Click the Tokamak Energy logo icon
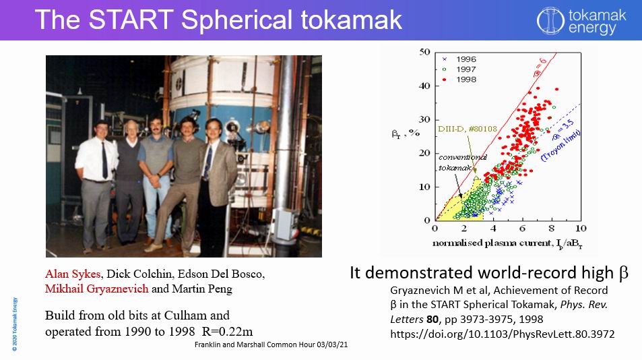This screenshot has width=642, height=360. [548, 21]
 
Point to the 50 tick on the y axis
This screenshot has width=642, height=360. [424, 52]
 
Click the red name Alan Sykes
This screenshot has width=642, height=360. [73, 274]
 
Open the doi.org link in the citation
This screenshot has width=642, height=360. [503, 332]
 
